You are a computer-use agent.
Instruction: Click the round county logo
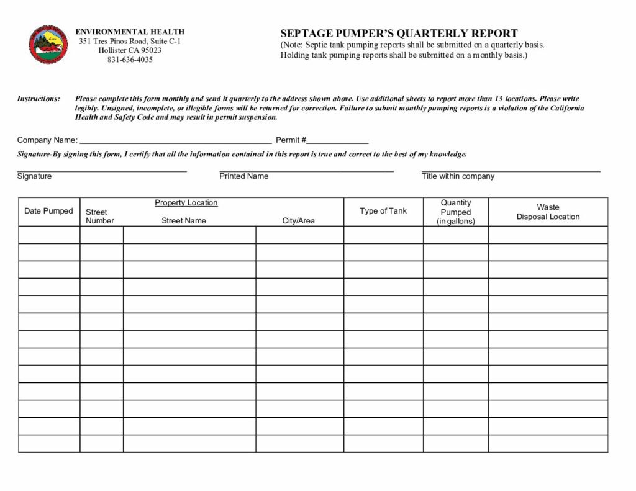coord(44,45)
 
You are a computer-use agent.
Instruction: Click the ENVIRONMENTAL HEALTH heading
coord(130,32)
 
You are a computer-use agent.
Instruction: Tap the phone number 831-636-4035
coord(130,60)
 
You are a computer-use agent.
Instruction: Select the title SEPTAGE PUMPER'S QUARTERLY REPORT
coord(399,34)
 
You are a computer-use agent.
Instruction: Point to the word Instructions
coord(39,99)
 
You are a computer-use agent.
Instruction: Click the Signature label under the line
coord(35,176)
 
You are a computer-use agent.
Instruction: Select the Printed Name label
coord(244,176)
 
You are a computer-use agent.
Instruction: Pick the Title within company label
coord(458,176)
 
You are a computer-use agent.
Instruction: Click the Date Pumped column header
coord(48,211)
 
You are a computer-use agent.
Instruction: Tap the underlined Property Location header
coord(186,203)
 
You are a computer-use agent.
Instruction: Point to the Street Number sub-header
coord(99,216)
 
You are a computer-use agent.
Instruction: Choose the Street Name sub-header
coord(184,221)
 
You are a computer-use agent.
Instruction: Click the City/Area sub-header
coord(298,221)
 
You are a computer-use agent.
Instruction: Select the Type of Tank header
coord(383,211)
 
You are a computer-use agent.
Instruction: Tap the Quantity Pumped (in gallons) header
coord(456,212)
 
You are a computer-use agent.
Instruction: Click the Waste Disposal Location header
coord(548,212)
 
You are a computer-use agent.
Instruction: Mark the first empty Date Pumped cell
coord(49,235)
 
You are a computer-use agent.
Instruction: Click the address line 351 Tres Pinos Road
coord(130,41)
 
